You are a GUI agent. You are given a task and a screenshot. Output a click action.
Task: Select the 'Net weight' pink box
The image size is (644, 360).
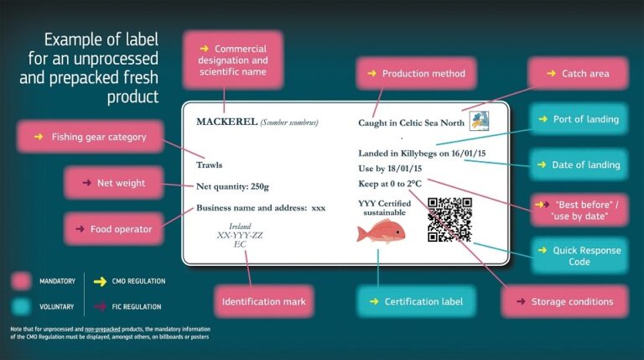(x=114, y=183)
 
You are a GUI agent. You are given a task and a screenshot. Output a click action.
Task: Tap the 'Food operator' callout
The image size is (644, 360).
(x=114, y=228)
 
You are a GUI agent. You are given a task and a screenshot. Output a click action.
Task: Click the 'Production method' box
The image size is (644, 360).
(x=417, y=74)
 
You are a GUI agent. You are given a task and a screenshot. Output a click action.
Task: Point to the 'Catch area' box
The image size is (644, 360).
(x=578, y=74)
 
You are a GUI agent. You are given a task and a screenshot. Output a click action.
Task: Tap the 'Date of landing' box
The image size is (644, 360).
(x=579, y=164)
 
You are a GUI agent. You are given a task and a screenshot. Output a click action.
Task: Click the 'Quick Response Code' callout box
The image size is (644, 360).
(x=579, y=256)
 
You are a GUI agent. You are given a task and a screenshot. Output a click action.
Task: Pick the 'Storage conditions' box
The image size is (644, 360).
(x=564, y=301)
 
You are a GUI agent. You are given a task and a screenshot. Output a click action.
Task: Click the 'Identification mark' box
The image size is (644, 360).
(x=264, y=301)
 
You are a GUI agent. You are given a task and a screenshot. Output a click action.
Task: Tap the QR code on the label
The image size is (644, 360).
(x=449, y=220)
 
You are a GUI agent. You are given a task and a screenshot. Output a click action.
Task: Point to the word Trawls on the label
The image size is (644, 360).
(x=209, y=164)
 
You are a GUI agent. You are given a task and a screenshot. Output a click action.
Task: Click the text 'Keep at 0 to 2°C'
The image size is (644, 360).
(x=390, y=183)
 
